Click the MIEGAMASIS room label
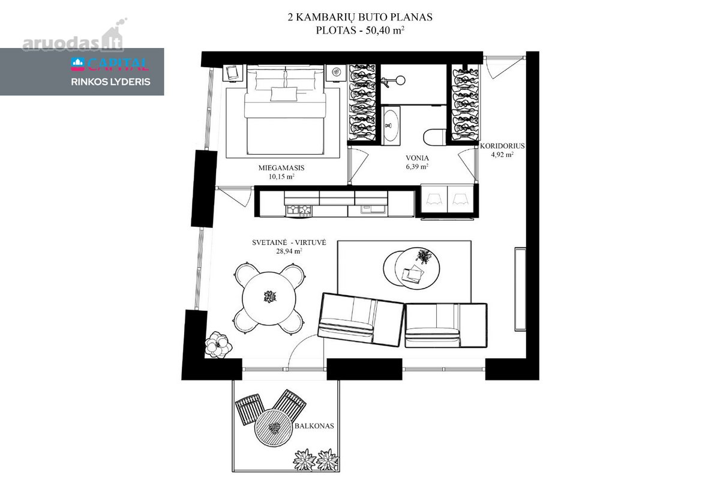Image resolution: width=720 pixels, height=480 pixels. [281, 168]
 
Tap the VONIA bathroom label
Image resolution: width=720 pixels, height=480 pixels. [417, 158]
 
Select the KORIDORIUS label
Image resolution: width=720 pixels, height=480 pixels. [502, 146]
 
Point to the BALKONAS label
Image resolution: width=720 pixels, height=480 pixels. [314, 426]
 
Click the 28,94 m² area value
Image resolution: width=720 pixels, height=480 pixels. [289, 251]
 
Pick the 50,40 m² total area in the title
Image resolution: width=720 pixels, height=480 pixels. [385, 30]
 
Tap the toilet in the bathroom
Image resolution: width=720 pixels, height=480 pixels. [435, 137]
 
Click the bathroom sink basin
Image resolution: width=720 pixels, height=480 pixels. [391, 125]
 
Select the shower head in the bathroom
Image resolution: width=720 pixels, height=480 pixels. [400, 80]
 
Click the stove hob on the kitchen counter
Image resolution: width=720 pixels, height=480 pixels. [299, 210]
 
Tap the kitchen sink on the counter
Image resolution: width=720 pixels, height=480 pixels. [373, 209]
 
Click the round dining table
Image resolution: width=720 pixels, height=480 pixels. [269, 298]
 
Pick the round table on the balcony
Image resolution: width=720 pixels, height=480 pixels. [274, 428]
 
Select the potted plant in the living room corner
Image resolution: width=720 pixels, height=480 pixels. [218, 345]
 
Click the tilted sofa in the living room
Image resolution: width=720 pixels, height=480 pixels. [361, 320]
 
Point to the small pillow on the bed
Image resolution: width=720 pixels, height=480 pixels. [284, 94]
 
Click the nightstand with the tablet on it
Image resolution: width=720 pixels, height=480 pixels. [232, 73]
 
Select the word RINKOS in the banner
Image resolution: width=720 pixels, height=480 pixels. [89, 82]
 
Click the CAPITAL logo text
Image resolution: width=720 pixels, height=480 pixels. [118, 64]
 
